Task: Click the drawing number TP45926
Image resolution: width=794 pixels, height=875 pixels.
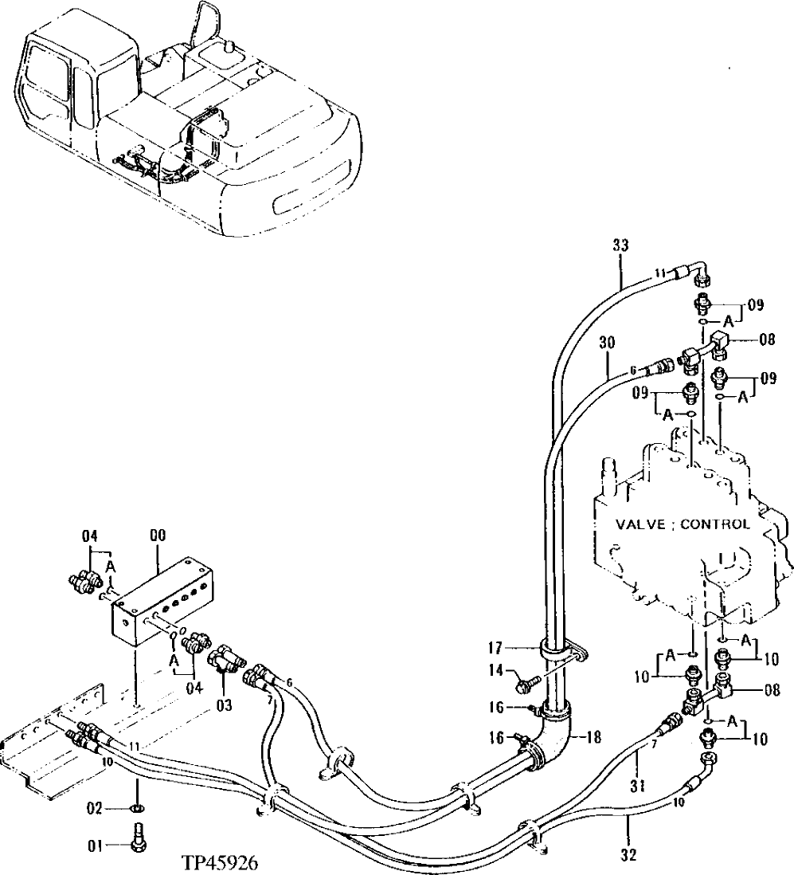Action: pos(221,864)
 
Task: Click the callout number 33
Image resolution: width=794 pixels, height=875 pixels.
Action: pos(620,246)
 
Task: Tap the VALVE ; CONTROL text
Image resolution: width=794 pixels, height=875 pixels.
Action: pos(682,524)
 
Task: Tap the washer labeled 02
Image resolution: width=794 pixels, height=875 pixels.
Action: pos(137,810)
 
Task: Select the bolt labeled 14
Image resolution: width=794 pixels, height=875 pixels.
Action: pos(526,682)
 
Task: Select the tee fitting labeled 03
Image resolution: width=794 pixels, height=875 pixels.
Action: pos(226,661)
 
